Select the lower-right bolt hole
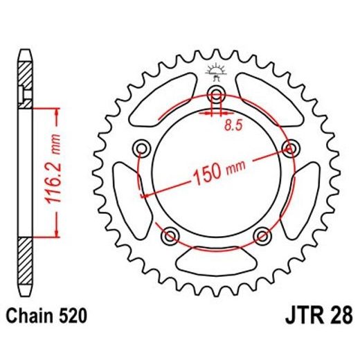point(262,236)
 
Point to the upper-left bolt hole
point(143,147)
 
